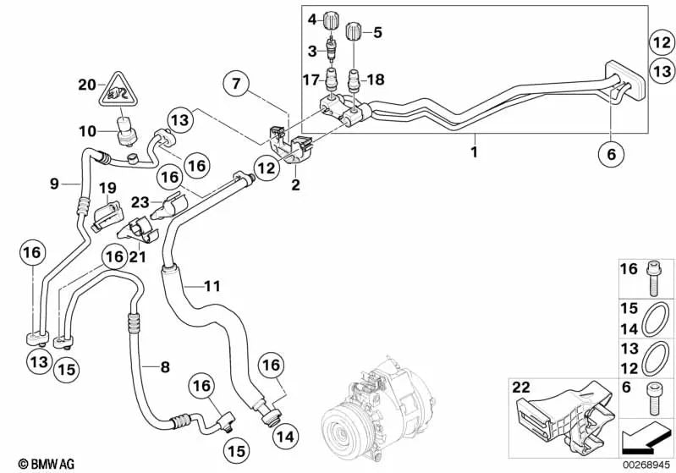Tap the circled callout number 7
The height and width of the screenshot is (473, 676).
pyautogui.click(x=237, y=83)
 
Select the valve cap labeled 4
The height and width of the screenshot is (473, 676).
pyautogui.click(x=336, y=19)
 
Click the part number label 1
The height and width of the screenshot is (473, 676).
pyautogui.click(x=475, y=152)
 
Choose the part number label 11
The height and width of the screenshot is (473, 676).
pyautogui.click(x=211, y=287)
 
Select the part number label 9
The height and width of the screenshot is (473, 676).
pyautogui.click(x=53, y=182)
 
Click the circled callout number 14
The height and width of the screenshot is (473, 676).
pyautogui.click(x=286, y=438)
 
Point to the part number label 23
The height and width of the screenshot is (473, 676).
pyautogui.click(x=140, y=201)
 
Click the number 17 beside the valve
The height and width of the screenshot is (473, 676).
pyautogui.click(x=311, y=81)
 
